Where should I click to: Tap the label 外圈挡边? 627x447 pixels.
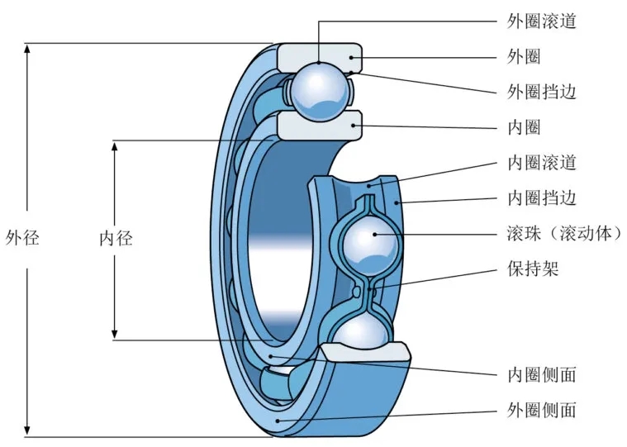click(541, 92)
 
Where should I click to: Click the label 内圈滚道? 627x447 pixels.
click(541, 163)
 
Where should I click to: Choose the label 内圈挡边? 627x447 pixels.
click(541, 198)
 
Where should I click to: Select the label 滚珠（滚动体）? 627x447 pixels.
click(563, 234)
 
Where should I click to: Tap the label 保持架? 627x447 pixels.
click(532, 269)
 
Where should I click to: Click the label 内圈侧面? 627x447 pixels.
click(541, 374)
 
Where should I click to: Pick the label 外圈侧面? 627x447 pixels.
click(541, 410)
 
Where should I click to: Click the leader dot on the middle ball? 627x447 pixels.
click(375, 234)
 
